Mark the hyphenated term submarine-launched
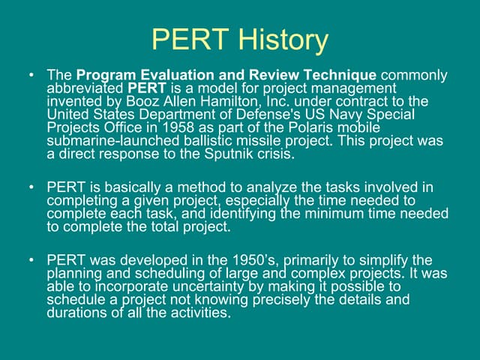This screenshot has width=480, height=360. (104, 141)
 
